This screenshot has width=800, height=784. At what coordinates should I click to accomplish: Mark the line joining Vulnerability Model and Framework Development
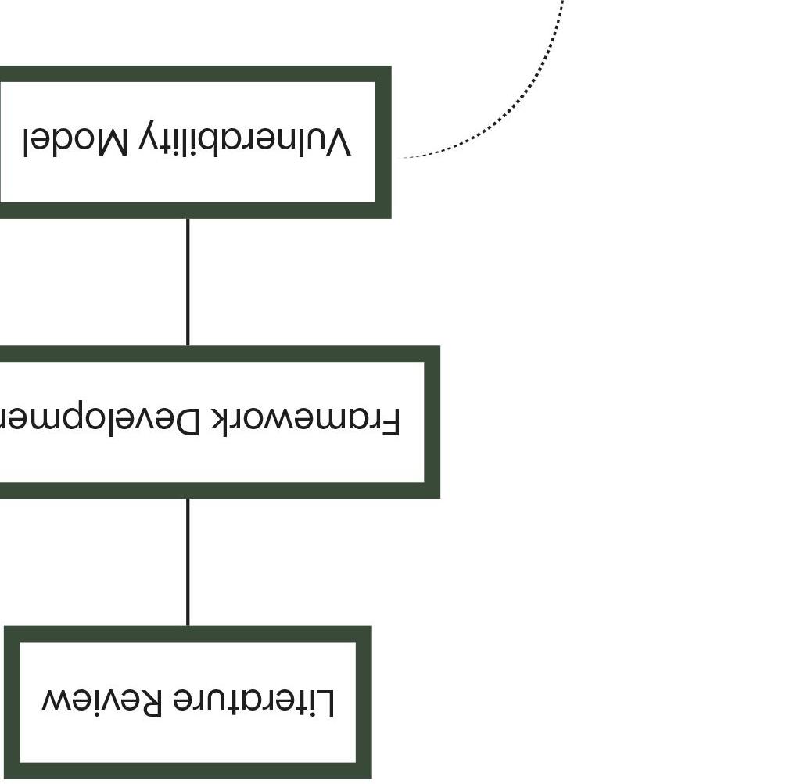click(x=188, y=281)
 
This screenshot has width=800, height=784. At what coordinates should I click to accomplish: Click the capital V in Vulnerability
click(x=337, y=142)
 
